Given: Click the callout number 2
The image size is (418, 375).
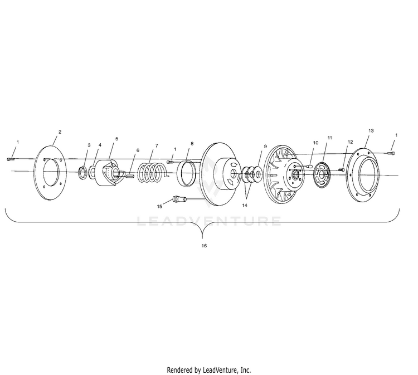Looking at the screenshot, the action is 60,132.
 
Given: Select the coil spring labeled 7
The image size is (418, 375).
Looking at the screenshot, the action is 151,172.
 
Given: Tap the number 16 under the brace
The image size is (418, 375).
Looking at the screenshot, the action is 204,245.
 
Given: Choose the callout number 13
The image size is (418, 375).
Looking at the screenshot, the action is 371,130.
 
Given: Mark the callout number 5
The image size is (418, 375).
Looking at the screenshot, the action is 116,138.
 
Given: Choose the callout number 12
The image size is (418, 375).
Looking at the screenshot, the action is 350,142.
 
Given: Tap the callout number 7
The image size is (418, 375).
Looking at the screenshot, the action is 157,145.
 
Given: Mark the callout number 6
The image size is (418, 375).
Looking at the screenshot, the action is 137,150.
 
